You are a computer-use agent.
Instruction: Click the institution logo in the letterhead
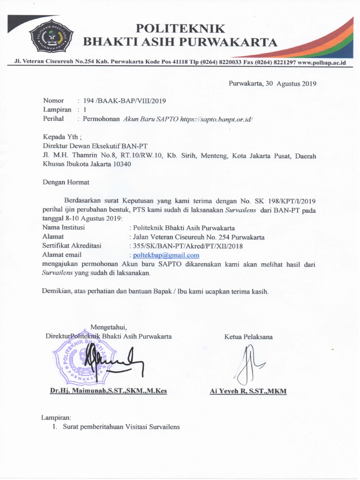point(51,38)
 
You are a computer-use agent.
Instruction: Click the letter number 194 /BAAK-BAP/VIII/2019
point(124,101)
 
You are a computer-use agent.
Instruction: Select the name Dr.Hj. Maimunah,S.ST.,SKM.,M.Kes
point(109,391)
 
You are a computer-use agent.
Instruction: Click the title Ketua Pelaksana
point(248,337)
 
